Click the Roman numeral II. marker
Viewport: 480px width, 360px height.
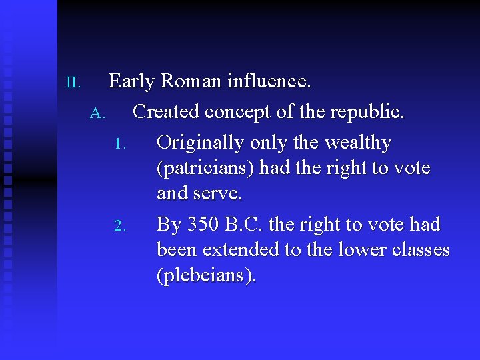[73, 83]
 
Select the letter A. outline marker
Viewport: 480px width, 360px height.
[98, 113]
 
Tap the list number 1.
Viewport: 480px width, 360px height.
[120, 144]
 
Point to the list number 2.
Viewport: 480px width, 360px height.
[120, 226]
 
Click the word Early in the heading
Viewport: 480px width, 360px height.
[132, 81]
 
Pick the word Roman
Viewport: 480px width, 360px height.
[191, 81]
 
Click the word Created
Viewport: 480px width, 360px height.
[166, 112]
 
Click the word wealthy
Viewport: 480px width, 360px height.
[358, 143]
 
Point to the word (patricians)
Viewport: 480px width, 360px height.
[205, 169]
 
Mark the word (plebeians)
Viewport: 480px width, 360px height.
[205, 276]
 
